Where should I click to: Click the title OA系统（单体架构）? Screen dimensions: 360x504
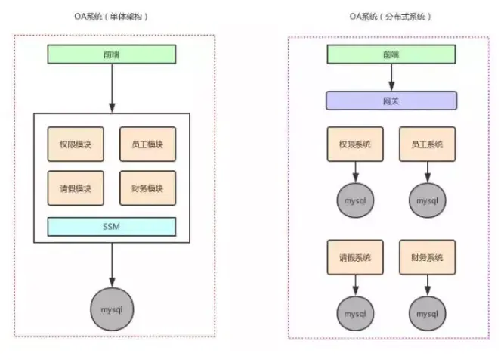click(x=112, y=16)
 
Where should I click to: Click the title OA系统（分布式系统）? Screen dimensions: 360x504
click(x=391, y=16)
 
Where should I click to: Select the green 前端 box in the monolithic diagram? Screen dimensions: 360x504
click(x=112, y=54)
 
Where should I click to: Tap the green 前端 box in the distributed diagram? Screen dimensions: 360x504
click(x=391, y=54)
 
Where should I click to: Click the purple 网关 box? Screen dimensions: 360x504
click(x=391, y=101)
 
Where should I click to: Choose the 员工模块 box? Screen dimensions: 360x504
click(x=147, y=144)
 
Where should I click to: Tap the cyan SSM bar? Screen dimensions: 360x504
click(x=112, y=226)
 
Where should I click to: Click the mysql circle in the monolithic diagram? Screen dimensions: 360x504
click(x=112, y=308)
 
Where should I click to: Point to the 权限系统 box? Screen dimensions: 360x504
click(x=354, y=144)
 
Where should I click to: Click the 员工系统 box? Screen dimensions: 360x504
click(x=427, y=144)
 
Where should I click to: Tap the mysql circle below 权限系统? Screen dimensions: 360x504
click(x=354, y=200)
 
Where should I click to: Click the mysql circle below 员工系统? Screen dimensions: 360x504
click(x=427, y=200)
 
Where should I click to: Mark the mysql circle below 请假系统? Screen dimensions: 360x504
click(x=354, y=312)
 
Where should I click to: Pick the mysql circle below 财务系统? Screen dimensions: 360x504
click(x=427, y=312)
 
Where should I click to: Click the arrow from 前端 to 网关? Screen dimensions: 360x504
click(x=391, y=77)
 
